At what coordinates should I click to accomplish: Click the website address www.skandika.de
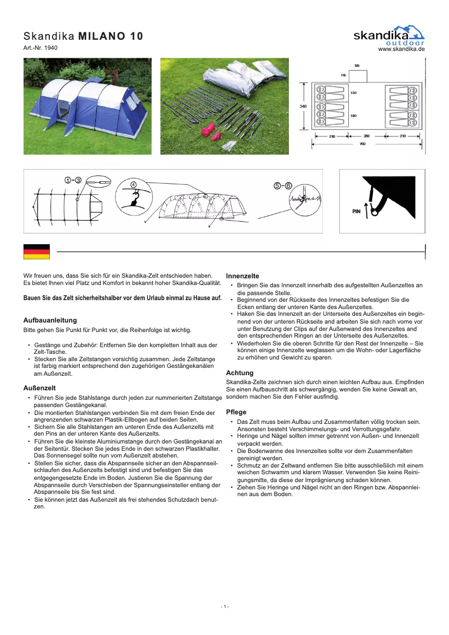[x=401, y=50]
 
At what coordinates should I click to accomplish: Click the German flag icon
[x=36, y=251]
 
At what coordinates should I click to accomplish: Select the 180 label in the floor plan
[x=353, y=116]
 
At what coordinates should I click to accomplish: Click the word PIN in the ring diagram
[x=356, y=212]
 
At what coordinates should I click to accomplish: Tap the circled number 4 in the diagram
[x=133, y=184]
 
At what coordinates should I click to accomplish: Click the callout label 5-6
[x=283, y=185]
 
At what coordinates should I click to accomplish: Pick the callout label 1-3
[x=73, y=180]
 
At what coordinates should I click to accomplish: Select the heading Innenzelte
[x=242, y=276]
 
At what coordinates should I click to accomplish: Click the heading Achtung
[x=240, y=373]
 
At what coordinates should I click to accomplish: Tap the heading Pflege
[x=236, y=412]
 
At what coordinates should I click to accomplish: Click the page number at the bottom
[x=225, y=607]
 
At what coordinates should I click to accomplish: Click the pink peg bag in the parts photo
[x=208, y=132]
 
